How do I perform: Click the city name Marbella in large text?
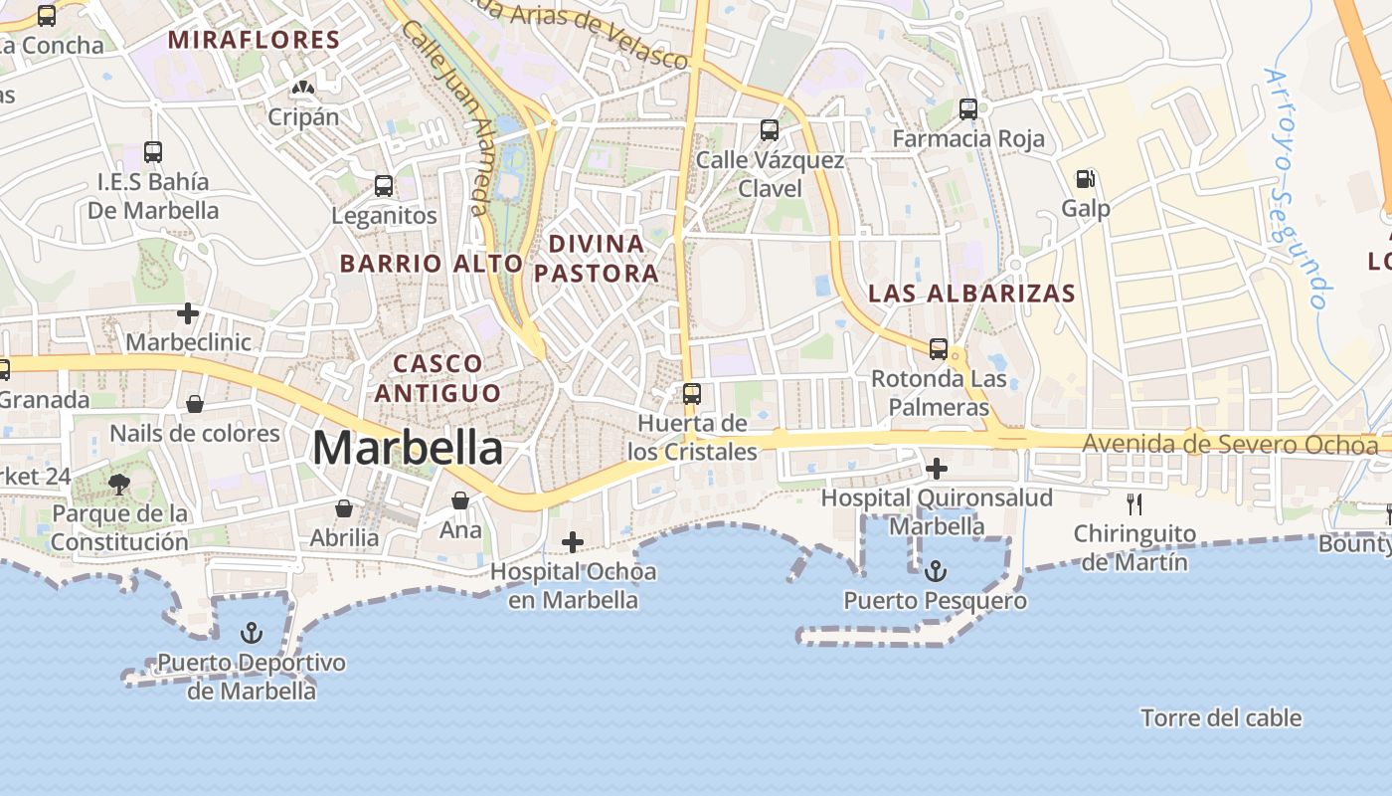407,449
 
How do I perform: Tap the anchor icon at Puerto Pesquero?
935,572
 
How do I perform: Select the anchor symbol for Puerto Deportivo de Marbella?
252,633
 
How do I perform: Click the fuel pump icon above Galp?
1086,180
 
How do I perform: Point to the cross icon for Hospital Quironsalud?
936,468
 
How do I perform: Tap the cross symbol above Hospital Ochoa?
573,542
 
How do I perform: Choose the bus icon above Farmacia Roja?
968,109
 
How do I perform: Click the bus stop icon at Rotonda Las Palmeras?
939,349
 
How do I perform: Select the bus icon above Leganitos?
384,186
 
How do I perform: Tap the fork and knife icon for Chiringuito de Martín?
1134,504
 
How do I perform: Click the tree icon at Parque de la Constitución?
119,485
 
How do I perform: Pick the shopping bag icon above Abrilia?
344,508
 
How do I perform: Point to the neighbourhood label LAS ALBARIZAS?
971,294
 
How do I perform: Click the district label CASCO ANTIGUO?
438,378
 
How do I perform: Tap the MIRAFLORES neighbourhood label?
254,40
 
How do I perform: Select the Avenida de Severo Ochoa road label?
1231,444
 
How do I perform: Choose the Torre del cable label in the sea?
1221,717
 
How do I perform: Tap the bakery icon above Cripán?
303,89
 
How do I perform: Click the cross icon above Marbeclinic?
188,313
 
